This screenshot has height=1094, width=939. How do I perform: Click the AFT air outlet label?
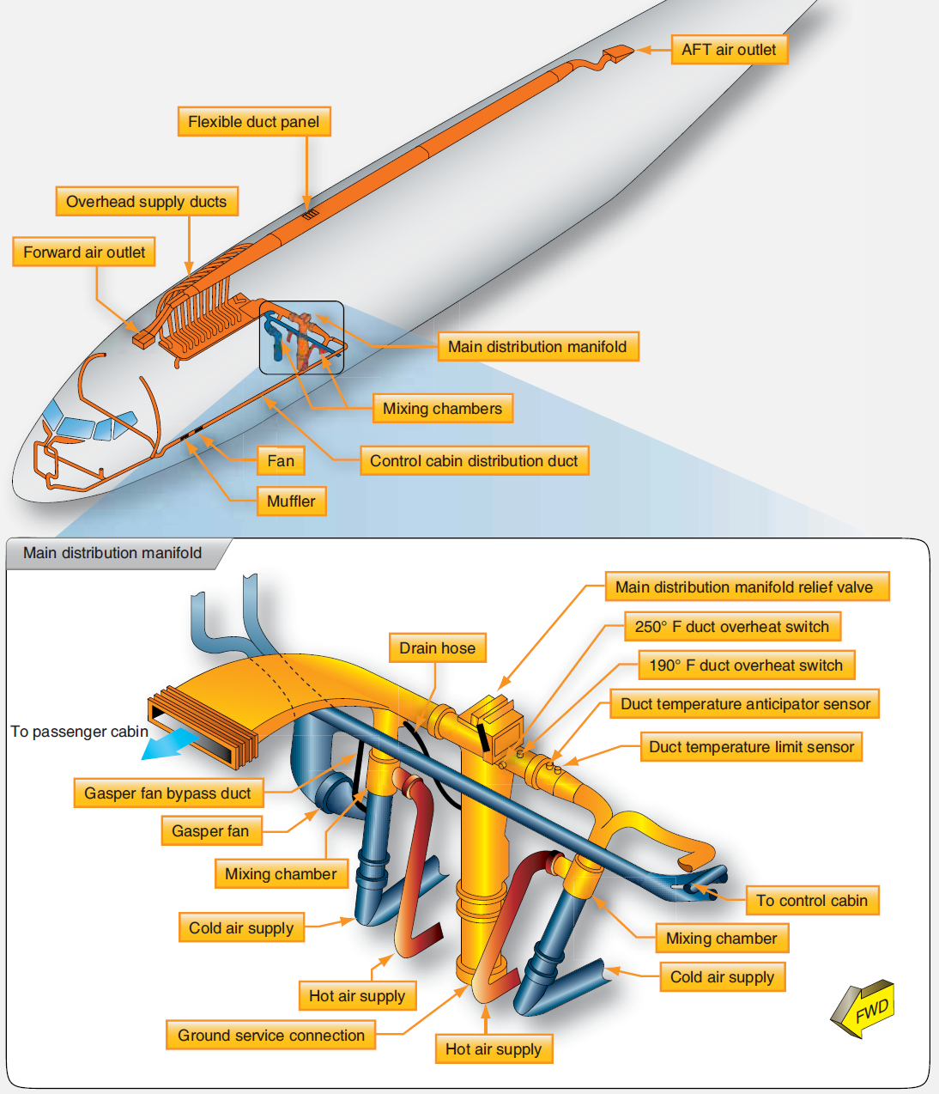pos(729,50)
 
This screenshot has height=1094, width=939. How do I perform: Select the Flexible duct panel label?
pos(253,122)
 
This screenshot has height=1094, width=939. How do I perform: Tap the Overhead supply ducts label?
pos(146,202)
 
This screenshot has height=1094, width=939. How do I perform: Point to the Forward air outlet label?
pos(84,252)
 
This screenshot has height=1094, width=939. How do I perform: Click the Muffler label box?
pos(291,501)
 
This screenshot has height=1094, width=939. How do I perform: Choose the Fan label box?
pos(281,461)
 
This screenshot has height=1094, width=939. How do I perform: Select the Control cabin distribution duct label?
pos(474,461)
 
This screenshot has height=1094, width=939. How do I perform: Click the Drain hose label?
pos(437,648)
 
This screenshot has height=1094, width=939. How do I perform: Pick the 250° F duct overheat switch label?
pos(731,627)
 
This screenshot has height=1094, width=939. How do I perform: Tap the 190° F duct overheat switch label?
pos(746,666)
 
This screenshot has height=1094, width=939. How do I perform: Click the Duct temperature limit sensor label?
pos(751,747)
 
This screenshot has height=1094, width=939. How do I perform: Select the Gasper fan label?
pos(210,831)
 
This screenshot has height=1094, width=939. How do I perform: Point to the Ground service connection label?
pos(271,1036)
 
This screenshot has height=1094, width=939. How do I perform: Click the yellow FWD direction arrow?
pos(864,1009)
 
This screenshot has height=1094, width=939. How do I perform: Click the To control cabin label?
pos(812,901)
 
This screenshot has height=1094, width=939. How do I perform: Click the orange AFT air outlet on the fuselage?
pos(618,53)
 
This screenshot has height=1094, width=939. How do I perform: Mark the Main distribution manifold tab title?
pos(112,553)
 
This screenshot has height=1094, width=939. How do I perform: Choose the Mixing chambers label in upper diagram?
pos(442,409)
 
